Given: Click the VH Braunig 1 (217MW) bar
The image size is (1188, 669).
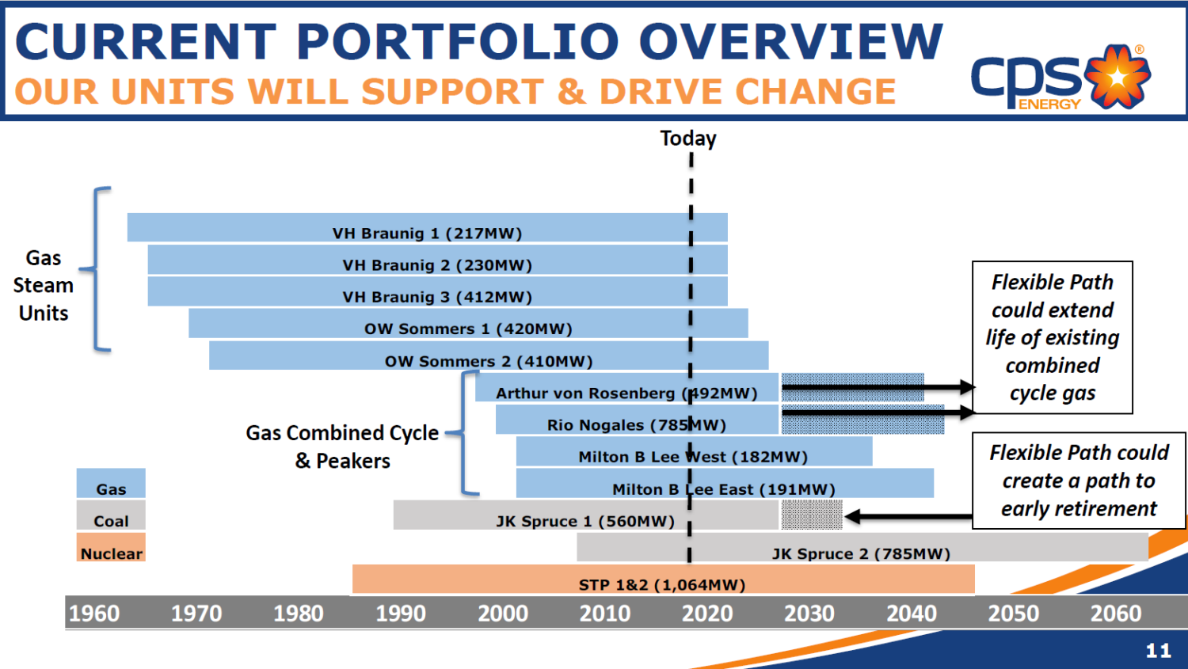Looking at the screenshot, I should click(x=427, y=228).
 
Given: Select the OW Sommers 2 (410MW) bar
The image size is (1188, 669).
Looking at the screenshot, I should click(x=489, y=356).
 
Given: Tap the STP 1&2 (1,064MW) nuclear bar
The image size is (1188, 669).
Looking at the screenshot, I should click(x=662, y=580).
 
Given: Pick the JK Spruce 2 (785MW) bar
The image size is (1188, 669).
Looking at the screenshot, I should click(x=862, y=548).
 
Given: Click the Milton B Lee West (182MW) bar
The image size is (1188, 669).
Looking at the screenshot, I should click(x=694, y=452).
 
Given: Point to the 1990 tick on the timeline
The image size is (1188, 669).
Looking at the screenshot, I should click(x=401, y=614).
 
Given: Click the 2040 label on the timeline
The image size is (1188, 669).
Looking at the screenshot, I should click(x=912, y=614).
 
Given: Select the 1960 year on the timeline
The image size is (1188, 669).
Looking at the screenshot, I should click(x=94, y=614).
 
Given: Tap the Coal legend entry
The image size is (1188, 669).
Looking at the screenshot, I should click(x=111, y=516).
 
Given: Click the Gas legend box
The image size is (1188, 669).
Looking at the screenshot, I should click(x=111, y=484).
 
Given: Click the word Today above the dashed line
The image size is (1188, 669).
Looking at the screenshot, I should click(x=688, y=139).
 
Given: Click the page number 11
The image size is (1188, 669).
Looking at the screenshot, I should click(x=1158, y=651).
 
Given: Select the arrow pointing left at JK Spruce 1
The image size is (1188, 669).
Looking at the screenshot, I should click(x=908, y=517).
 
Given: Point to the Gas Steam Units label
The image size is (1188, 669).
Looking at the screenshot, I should click(x=44, y=285).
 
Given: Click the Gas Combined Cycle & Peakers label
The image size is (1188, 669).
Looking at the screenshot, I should click(x=342, y=447).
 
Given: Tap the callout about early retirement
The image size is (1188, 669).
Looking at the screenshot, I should click(x=1079, y=481).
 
